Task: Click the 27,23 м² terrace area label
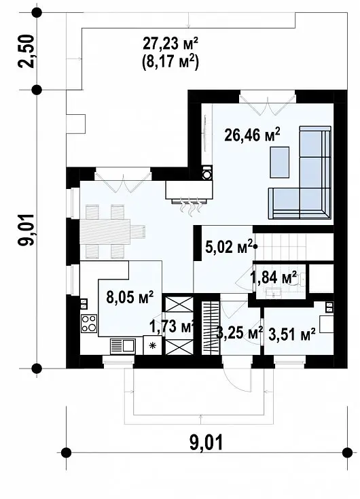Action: [x=170, y=44]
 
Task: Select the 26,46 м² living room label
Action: [x=252, y=135]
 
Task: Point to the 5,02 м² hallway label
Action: [x=229, y=247]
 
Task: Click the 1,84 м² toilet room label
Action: [x=274, y=277]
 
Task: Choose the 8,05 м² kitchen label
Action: [x=130, y=297]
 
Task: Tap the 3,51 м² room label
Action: [x=292, y=334]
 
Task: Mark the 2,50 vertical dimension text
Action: [x=26, y=51]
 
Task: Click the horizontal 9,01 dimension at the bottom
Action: [x=206, y=443]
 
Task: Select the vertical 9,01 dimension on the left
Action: [x=26, y=229]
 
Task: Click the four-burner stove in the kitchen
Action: [x=89, y=323]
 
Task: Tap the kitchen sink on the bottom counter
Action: [x=123, y=346]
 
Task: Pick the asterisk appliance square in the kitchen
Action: [x=153, y=345]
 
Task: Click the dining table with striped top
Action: [x=105, y=232]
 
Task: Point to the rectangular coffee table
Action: [x=280, y=162]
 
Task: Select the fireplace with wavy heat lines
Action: [x=189, y=194]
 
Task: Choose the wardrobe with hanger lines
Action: [x=211, y=328]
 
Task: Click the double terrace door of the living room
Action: [x=268, y=103]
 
